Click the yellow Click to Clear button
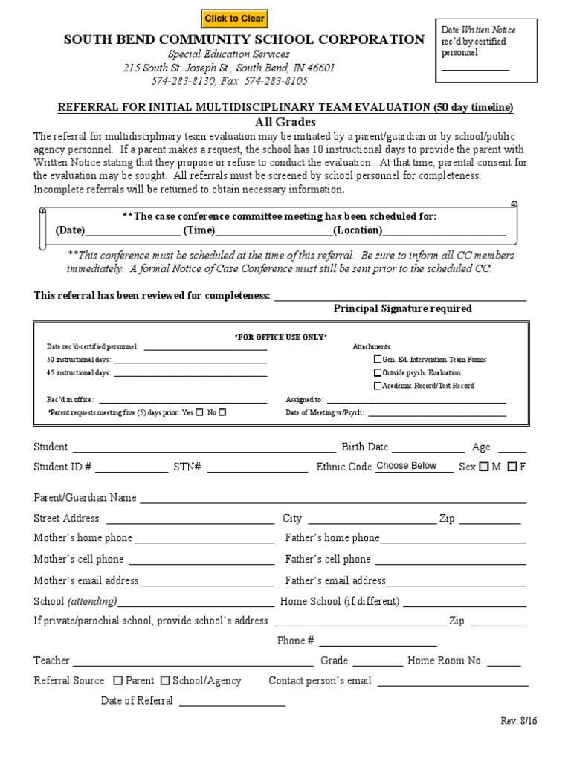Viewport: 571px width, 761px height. pos(234,19)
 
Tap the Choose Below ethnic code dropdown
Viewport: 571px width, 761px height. pos(413,466)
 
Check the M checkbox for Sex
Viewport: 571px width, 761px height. pos(484,467)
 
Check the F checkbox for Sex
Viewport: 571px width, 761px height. pos(512,467)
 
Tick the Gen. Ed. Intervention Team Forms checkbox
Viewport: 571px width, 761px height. pos(377,360)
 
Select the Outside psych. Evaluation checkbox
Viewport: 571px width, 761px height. pos(377,373)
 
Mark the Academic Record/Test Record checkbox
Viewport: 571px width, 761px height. pos(377,386)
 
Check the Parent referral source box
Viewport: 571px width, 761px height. pos(119,680)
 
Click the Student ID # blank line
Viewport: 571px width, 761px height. pos(132,468)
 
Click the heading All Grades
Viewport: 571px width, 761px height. pos(286,122)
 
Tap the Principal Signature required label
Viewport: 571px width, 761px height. pos(402,308)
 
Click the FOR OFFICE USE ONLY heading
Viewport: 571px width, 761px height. pos(281,337)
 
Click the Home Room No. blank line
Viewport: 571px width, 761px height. pos(504,661)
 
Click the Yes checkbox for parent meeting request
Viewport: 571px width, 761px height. pos(199,412)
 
